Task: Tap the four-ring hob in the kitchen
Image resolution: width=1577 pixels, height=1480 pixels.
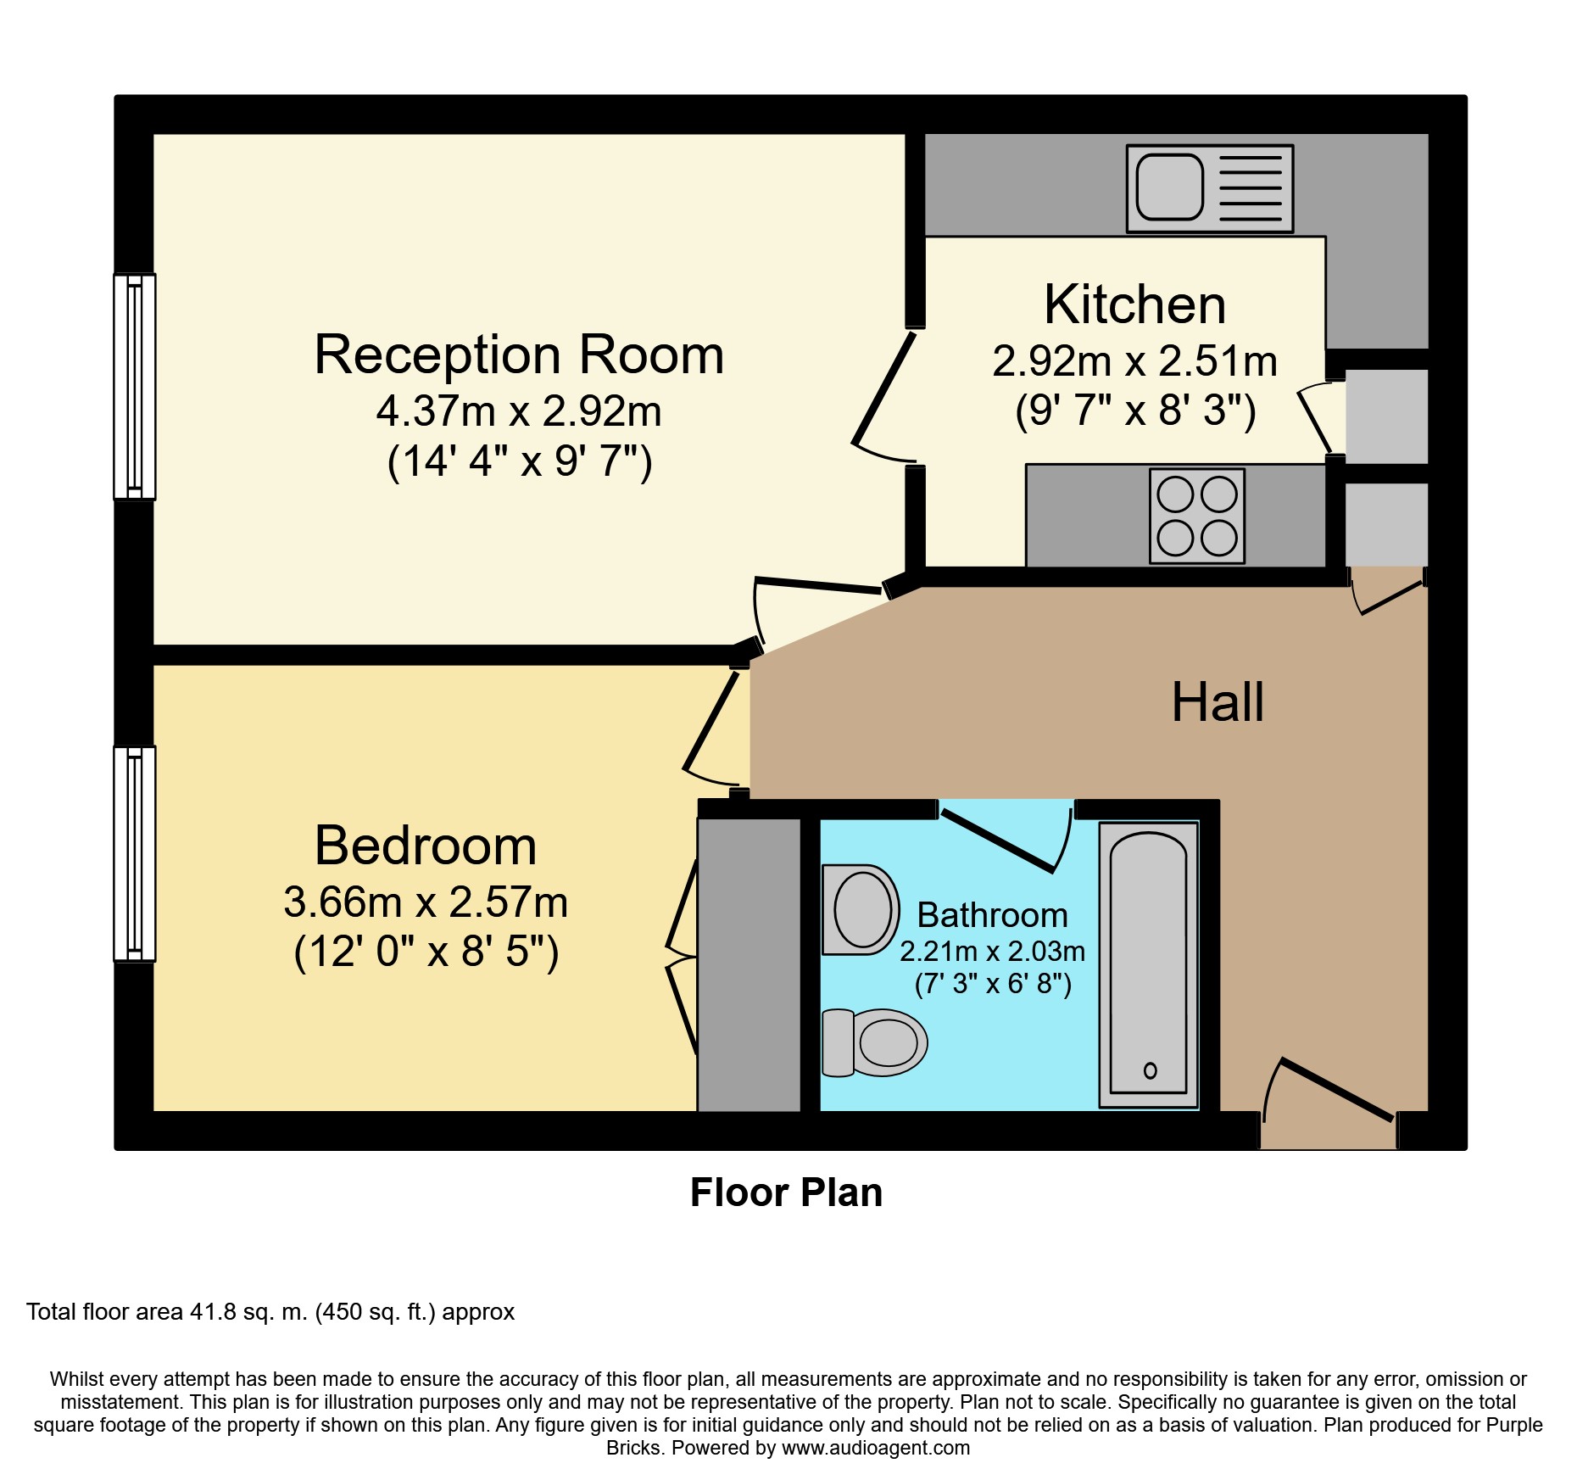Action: tap(1197, 516)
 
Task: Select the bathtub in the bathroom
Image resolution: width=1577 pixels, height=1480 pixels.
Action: tap(1149, 964)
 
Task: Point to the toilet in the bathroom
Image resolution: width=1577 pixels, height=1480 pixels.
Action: tap(874, 1042)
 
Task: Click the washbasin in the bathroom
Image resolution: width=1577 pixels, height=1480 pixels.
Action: tap(861, 909)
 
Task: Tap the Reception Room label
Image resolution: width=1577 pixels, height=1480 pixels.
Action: tap(519, 354)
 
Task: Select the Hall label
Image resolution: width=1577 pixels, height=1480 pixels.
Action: tap(1218, 702)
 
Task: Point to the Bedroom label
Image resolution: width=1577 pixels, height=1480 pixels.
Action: tap(426, 846)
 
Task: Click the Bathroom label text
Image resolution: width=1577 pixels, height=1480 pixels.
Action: tap(993, 915)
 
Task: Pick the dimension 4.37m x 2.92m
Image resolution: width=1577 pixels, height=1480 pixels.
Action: tap(519, 411)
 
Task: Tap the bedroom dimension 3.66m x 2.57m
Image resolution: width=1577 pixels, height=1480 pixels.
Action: tap(426, 902)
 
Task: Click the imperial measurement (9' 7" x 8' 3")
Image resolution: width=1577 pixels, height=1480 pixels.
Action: tap(1135, 410)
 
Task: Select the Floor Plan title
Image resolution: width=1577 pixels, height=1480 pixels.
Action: tap(787, 1192)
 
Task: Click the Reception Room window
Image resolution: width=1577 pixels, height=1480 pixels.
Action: tap(135, 387)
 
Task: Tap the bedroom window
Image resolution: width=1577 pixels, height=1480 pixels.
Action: tap(135, 854)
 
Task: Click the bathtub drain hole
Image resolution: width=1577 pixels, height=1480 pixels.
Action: tap(1151, 1070)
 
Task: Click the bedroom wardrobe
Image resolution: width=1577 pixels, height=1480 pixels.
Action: tap(749, 964)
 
